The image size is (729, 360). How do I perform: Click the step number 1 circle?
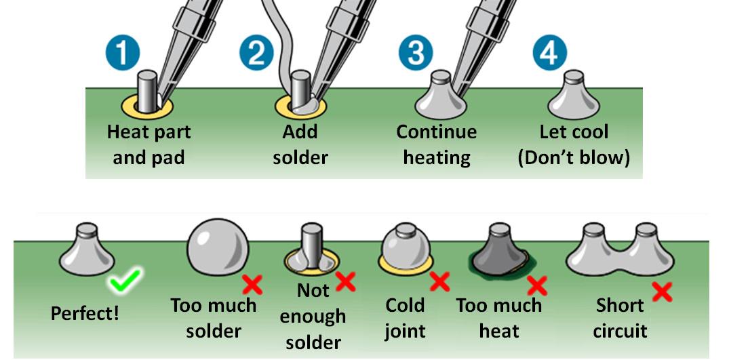click(x=123, y=54)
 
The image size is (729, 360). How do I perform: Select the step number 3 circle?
click(x=415, y=54)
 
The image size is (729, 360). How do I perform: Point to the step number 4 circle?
click(x=549, y=54)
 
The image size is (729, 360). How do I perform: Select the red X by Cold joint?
click(x=439, y=281)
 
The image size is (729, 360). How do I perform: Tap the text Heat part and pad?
click(x=149, y=144)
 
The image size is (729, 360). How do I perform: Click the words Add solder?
click(x=300, y=144)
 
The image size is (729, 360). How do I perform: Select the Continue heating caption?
click(x=436, y=144)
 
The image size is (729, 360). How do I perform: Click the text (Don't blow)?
click(x=574, y=158)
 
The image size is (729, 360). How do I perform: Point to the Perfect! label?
click(x=85, y=314)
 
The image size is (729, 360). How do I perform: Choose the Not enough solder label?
click(x=312, y=317)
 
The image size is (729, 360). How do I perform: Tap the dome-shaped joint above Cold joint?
click(x=405, y=247)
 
